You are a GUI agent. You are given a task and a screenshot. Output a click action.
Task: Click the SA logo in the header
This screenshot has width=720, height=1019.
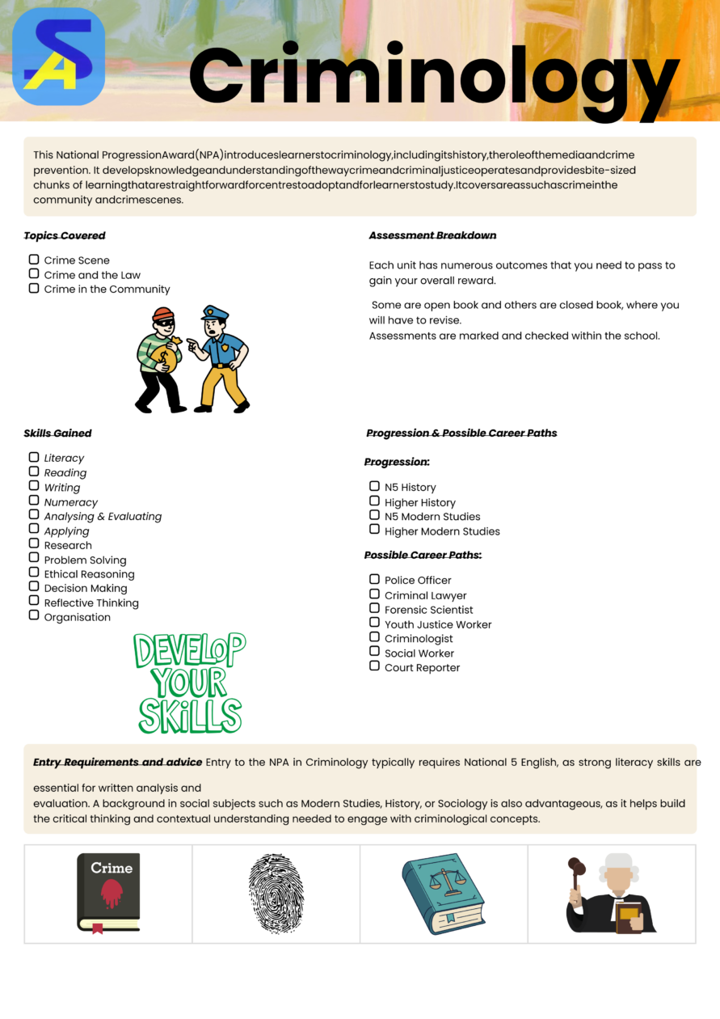pos(58,56)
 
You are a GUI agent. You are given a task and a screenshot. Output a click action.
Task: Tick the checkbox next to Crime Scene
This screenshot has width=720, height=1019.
pos(34,260)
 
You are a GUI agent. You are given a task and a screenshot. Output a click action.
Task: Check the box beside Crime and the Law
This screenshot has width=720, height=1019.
pos(34,274)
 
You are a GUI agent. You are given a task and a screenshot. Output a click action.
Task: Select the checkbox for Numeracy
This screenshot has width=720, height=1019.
pos(34,501)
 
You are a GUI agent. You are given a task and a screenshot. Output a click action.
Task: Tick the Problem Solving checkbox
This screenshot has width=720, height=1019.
pos(34,558)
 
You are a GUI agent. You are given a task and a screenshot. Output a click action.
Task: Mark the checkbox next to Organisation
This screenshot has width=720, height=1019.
pos(34,615)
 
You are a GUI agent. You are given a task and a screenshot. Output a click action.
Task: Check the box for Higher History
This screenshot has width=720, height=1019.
pos(374,501)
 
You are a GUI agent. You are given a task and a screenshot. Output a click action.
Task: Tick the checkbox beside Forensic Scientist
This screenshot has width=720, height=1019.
pos(374,608)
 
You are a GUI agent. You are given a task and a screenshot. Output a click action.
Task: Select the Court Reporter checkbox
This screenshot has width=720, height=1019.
pos(374,666)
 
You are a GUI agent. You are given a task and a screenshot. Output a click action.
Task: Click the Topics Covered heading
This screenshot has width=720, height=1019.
pos(65,235)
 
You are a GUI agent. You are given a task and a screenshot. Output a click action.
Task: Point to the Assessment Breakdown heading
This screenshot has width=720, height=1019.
pos(432,235)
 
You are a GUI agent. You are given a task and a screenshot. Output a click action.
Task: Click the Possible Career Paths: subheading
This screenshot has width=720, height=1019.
pos(423,556)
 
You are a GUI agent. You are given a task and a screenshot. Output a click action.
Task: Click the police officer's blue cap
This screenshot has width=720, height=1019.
pos(215,311)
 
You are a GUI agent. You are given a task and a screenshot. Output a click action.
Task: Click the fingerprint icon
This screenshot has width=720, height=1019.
pos(276,894)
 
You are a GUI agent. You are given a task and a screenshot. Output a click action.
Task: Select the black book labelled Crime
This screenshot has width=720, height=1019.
pos(108,893)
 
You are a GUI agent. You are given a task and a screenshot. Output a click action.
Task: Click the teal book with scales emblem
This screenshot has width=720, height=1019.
pos(443,893)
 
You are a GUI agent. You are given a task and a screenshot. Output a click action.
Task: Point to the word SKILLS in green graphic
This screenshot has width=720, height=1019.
pos(190,716)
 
